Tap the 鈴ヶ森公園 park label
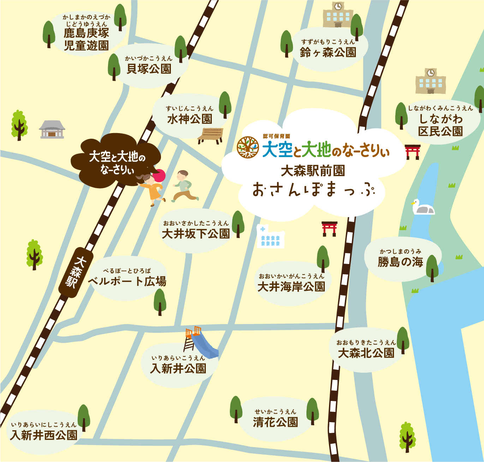tap(328, 52)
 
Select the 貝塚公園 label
tap(149, 68)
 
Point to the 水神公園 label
tap(190, 119)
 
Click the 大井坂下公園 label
tap(196, 233)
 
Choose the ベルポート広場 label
tap(127, 281)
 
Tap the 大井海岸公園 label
tap(291, 287)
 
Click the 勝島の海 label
tap(400, 262)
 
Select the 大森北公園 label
tap(366, 353)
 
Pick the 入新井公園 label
tap(178, 368)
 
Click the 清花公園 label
tap(275, 422)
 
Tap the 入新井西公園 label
tap(44, 435)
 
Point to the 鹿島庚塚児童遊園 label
tap(86, 39)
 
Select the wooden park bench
tap(211, 136)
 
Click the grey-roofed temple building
tap(52, 129)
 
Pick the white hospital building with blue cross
tap(270, 236)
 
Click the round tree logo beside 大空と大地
tap(248, 147)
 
